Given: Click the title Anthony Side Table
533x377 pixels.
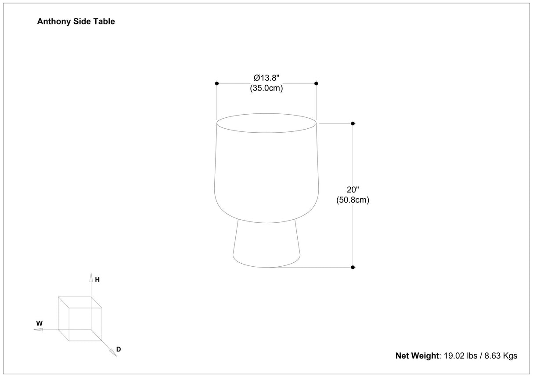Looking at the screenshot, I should tap(76, 22).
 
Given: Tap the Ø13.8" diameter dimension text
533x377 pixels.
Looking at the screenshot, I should tap(266, 78).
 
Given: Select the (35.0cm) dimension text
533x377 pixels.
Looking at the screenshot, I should tap(266, 88).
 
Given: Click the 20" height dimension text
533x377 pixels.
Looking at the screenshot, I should tap(353, 190).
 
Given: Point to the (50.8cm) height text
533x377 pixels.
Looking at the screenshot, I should tap(353, 200).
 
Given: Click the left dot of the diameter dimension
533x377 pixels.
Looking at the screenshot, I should tap(217, 83).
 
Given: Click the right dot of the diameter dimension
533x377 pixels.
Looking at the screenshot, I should tap(316, 83).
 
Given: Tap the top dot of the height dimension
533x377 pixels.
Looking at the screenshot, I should tap(353, 123).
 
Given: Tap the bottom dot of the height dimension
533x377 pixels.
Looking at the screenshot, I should tap(353, 267).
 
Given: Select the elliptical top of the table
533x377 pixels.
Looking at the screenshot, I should tap(266, 123).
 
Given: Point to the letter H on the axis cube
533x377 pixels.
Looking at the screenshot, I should tap(97, 279).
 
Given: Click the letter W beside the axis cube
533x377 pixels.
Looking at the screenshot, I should tap(40, 323).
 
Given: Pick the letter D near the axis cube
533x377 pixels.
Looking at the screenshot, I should tap(119, 349).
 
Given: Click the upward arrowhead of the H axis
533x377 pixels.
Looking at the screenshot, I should tap(91, 276).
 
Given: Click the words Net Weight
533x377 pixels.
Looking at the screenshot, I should tap(417, 355).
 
